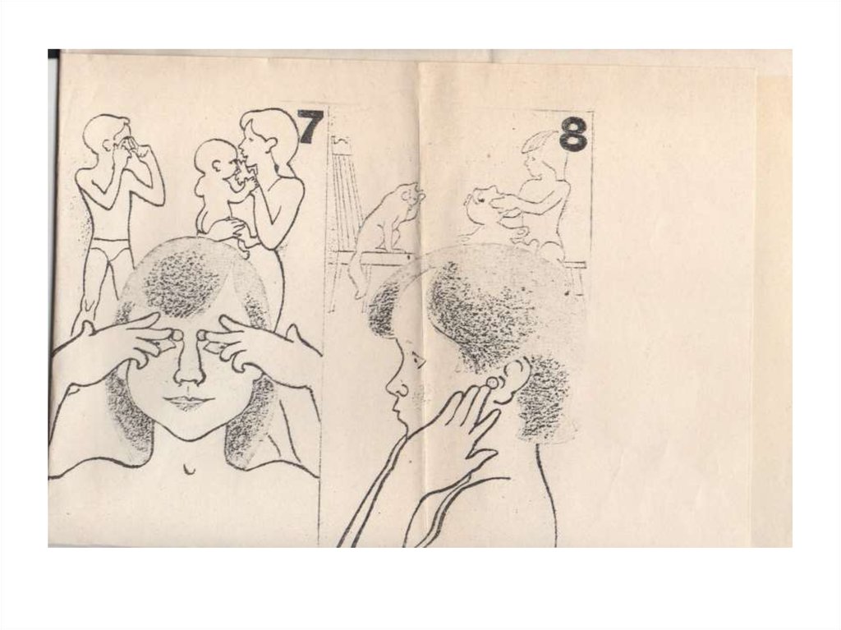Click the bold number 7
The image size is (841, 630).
[310, 126]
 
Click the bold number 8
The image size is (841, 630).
[573, 134]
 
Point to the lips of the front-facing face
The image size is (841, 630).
[185, 401]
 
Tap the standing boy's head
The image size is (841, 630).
[104, 134]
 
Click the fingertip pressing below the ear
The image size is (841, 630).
[490, 382]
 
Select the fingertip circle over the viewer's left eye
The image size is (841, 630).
[175, 336]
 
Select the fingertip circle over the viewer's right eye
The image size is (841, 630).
[204, 335]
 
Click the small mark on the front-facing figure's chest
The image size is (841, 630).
[190, 469]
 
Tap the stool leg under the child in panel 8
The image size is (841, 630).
[578, 279]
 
